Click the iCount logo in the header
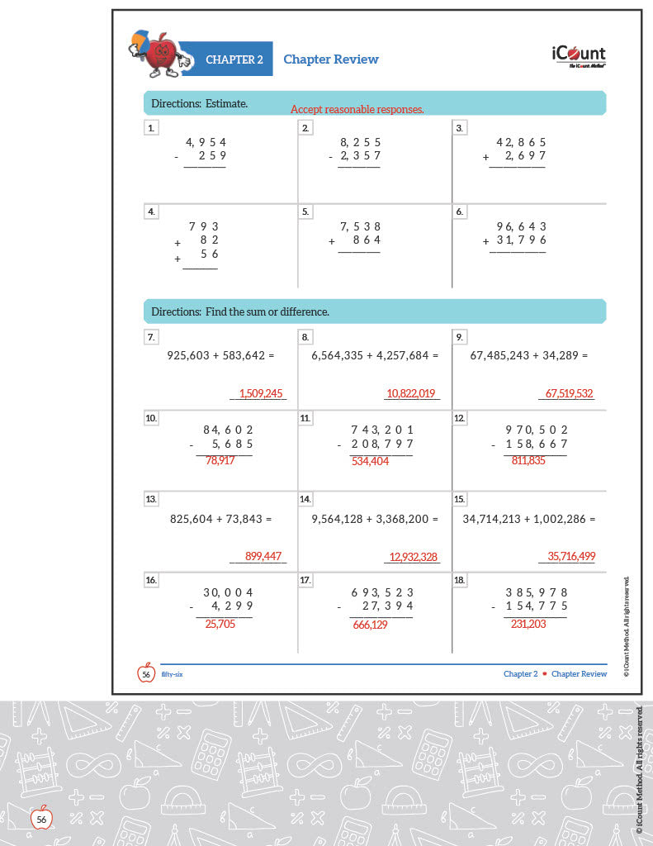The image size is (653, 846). (x=578, y=55)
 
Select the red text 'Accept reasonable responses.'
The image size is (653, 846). (x=357, y=109)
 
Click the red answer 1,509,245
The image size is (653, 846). (x=261, y=394)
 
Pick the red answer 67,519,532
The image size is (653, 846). (x=570, y=394)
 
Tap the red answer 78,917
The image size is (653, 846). (x=220, y=460)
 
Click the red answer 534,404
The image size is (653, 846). (x=370, y=461)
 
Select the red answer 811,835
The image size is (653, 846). (x=528, y=460)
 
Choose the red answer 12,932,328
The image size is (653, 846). (x=413, y=557)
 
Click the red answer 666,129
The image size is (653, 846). (x=370, y=625)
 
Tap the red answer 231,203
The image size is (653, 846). (x=528, y=624)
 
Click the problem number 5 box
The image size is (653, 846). (x=305, y=211)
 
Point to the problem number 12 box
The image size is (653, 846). (x=460, y=418)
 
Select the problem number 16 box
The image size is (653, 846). (x=151, y=580)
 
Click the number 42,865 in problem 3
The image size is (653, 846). (x=521, y=142)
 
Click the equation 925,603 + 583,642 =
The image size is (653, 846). (x=220, y=355)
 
